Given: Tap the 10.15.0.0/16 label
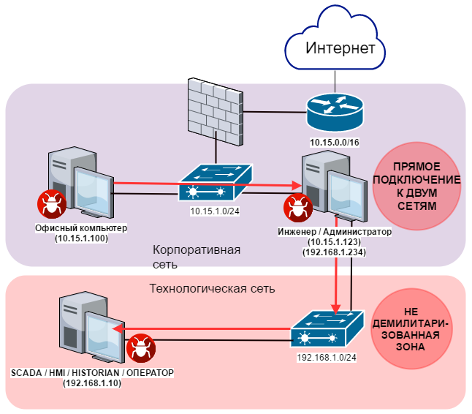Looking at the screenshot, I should (334, 140).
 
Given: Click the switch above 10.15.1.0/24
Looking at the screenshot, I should (216, 182).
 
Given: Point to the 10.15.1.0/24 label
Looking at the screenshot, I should (216, 211).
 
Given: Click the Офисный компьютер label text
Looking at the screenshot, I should (81, 228).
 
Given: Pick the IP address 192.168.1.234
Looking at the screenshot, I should (335, 252).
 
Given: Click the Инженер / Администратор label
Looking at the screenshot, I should (335, 232).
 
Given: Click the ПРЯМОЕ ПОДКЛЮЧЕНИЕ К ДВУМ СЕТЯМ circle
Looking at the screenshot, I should (417, 186).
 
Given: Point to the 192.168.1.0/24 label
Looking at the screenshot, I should (325, 360).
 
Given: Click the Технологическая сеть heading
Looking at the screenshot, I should (212, 288).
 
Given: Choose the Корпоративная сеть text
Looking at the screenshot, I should (197, 256).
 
